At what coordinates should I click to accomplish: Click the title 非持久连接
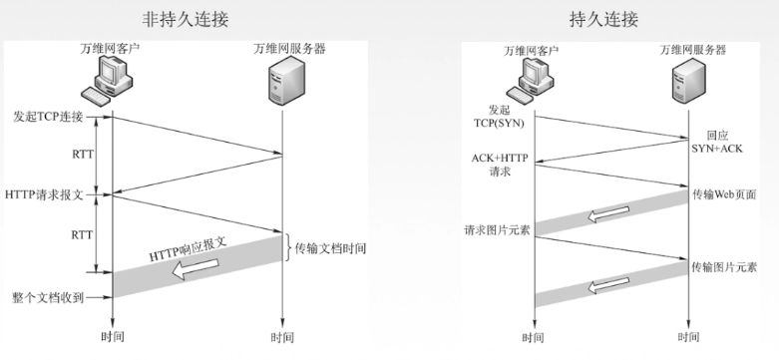point(195,18)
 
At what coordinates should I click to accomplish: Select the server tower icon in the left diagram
point(279,81)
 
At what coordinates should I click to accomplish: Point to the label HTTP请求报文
point(45,192)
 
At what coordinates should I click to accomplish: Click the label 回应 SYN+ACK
point(726,141)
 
